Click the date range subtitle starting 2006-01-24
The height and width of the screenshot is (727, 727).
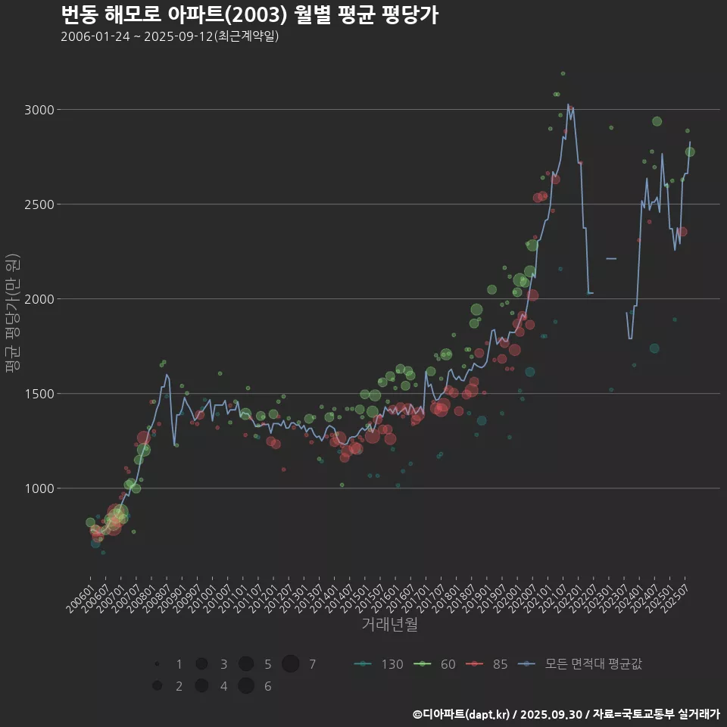pos(170,36)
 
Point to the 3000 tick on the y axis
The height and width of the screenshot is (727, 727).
pos(39,110)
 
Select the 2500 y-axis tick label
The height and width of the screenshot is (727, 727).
pos(39,204)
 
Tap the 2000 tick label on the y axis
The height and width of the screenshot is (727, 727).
pos(39,299)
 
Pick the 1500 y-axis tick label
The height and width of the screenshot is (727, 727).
pos(39,394)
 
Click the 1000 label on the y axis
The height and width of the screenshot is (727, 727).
pos(39,488)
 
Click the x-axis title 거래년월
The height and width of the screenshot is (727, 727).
pos(389,625)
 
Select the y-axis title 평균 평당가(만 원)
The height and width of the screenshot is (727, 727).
pos(13,314)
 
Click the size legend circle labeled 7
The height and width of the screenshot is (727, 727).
pos(291,664)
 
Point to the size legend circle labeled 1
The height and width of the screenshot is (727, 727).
pos(157,664)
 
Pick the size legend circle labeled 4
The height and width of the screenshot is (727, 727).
pos(201,686)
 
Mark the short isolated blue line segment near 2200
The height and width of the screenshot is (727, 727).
pos(611,259)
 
